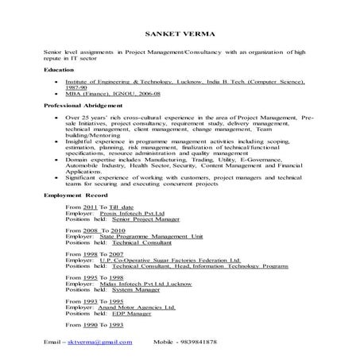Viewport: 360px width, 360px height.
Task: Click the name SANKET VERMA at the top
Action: point(180,33)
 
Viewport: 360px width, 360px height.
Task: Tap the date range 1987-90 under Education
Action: point(74,87)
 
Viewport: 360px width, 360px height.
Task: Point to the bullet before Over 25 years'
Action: point(53,116)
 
